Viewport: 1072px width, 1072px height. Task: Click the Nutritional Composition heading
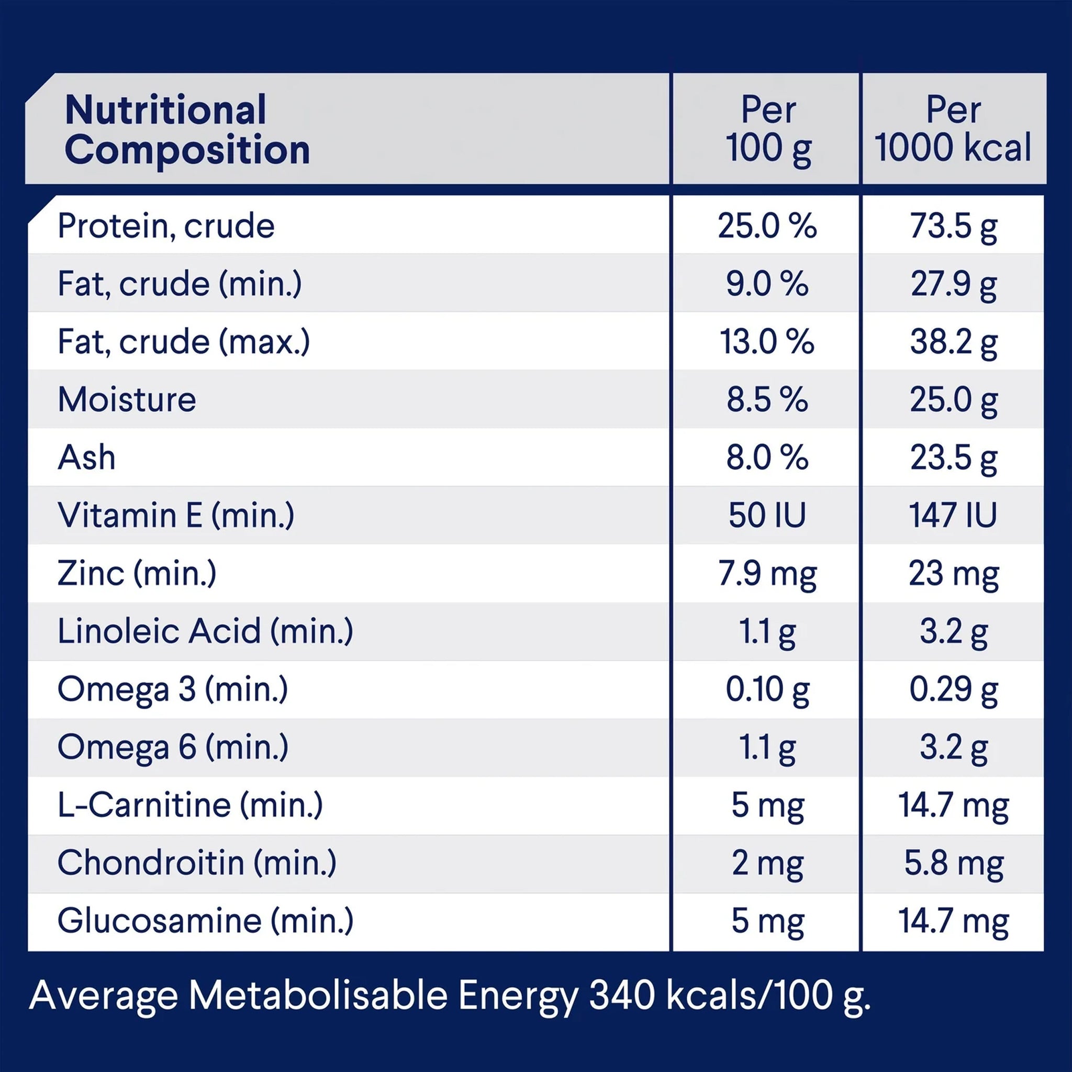[187, 129]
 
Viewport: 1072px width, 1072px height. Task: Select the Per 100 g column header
[768, 129]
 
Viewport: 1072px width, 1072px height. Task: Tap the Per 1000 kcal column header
[953, 129]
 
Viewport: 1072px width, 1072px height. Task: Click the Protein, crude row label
[166, 226]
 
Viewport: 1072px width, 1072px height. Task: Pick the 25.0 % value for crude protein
[767, 226]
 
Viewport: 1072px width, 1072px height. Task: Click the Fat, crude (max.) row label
[184, 341]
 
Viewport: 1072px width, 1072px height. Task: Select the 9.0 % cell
[767, 284]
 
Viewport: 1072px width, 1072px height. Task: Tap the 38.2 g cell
[953, 342]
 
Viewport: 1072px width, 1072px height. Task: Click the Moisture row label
[127, 399]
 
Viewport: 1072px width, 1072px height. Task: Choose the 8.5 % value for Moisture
[767, 399]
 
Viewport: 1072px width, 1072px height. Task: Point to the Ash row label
[86, 456]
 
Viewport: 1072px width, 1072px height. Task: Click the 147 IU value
[953, 515]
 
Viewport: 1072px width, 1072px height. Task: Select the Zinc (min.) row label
[137, 573]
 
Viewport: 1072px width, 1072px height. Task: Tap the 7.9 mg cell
[767, 574]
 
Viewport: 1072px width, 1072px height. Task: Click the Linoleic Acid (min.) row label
[205, 631]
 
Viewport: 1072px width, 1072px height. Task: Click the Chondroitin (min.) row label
[197, 862]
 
